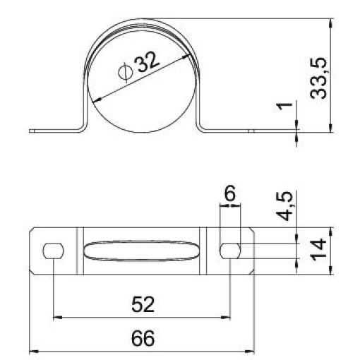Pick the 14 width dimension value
tap(318, 251)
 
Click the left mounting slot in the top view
tap(54, 251)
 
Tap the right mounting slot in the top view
tap(230, 251)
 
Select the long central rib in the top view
tap(142, 251)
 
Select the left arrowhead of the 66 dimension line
tap(33, 351)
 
